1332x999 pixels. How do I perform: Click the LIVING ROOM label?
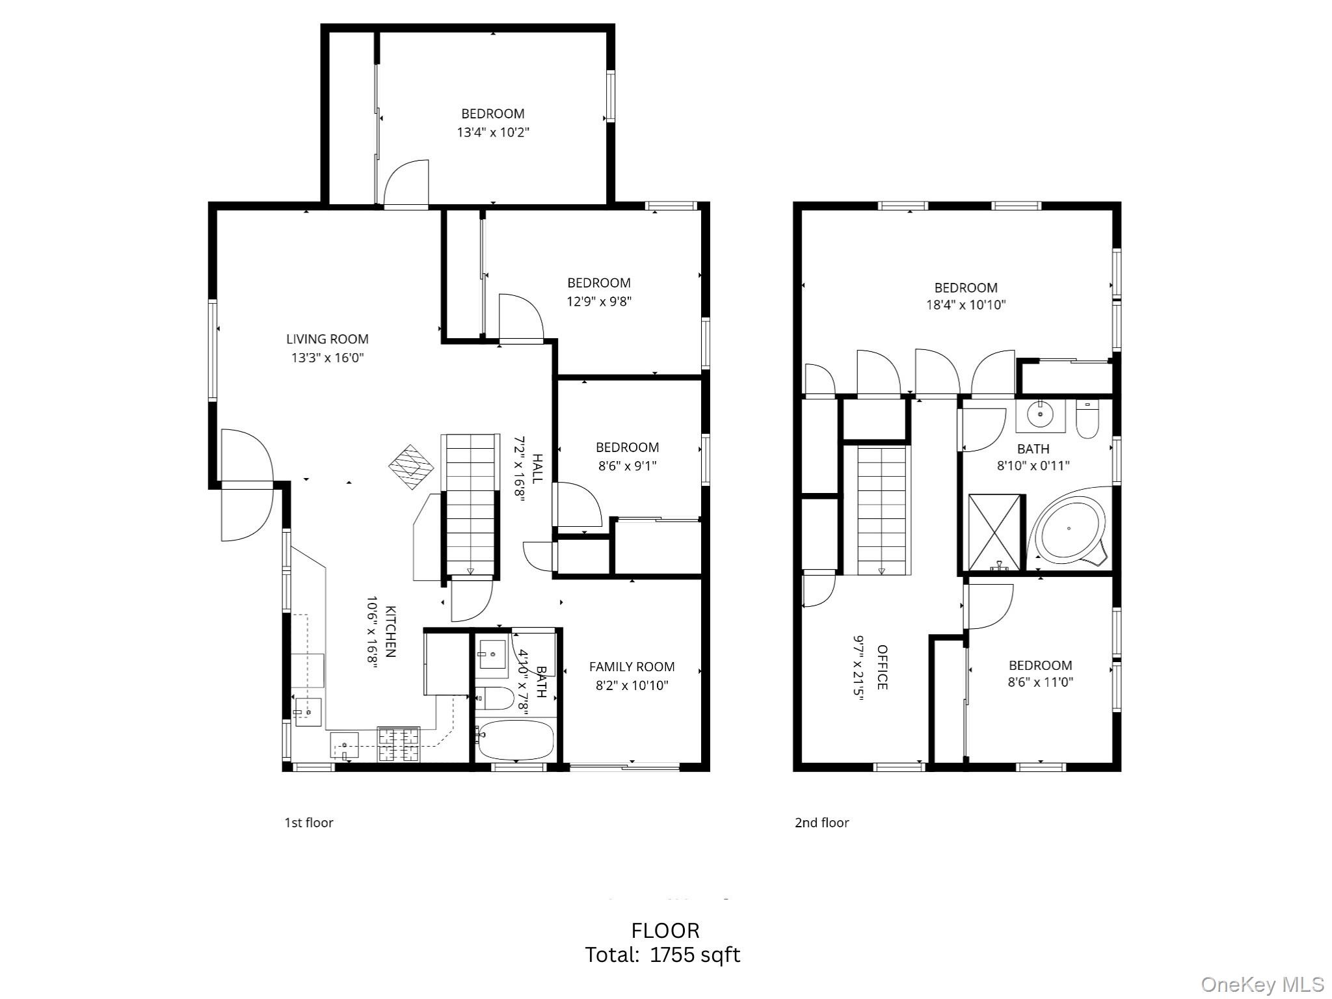click(x=327, y=339)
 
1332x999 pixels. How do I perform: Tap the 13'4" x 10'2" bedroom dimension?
click(x=493, y=133)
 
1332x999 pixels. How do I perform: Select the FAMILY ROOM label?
click(x=632, y=667)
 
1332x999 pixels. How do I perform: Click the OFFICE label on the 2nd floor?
click(x=882, y=667)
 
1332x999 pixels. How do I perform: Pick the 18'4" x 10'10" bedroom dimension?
click(x=966, y=304)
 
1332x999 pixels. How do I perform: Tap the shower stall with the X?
click(x=994, y=533)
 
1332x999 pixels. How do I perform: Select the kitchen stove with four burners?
click(x=399, y=744)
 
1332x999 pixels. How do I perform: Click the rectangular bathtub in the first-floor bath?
click(x=516, y=739)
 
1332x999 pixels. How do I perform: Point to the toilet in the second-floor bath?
click(x=1087, y=420)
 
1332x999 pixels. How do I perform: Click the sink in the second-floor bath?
click(x=1041, y=415)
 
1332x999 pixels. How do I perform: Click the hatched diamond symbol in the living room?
click(x=411, y=467)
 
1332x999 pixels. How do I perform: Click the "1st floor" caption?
click(x=309, y=823)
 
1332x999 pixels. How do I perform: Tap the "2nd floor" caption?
click(x=821, y=823)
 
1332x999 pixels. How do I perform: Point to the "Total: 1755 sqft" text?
click(x=663, y=955)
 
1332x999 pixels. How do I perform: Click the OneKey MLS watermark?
click(x=1262, y=984)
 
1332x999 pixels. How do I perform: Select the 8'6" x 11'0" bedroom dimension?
click(x=1041, y=682)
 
